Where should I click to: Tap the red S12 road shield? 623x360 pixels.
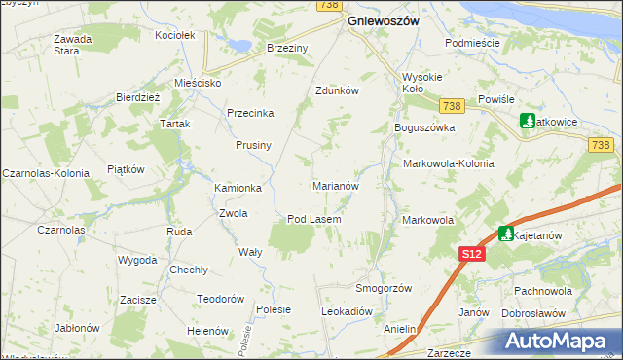[471, 253]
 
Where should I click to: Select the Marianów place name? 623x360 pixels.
[336, 185]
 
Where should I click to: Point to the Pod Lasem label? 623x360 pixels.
[313, 219]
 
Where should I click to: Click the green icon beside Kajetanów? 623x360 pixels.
[506, 234]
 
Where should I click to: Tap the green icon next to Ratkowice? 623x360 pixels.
[528, 122]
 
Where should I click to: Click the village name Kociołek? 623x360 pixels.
[176, 35]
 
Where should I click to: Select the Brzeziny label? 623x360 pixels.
[287, 47]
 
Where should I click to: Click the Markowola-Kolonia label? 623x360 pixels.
[448, 163]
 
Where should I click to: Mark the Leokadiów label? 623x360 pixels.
[348, 311]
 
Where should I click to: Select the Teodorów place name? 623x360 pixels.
[219, 299]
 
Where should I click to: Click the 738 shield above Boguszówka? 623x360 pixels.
[451, 105]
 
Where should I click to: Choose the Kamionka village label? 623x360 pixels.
[238, 188]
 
